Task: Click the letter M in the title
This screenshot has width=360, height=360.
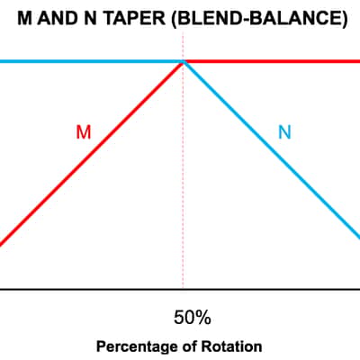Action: [24, 18]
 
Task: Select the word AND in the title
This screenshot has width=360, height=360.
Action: [57, 18]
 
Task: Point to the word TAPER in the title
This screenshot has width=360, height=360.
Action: [134, 18]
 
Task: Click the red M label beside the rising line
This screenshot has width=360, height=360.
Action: [84, 132]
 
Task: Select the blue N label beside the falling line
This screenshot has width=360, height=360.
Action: [284, 132]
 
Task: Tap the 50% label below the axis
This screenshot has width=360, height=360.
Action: [193, 318]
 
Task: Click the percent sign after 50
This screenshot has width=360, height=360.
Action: [202, 318]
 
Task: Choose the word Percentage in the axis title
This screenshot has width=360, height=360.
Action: [137, 346]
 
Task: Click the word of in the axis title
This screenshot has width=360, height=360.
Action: [189, 346]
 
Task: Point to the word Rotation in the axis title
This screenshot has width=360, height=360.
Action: [231, 346]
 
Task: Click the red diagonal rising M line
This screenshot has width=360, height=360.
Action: [91, 153]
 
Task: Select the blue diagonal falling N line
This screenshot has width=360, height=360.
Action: [272, 150]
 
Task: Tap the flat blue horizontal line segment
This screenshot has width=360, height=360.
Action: [91, 61]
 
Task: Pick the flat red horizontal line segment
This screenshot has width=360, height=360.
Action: [272, 61]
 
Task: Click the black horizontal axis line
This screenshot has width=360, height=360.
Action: [180, 290]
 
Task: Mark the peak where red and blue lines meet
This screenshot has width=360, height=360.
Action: [183, 61]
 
